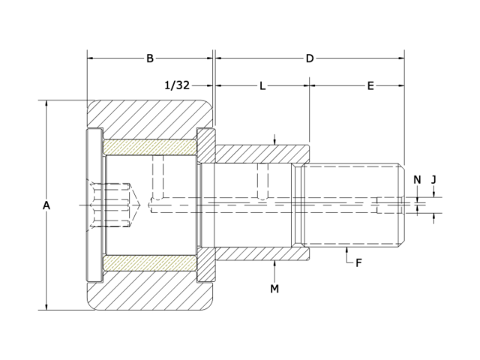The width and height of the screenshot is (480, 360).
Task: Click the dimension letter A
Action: point(46,205)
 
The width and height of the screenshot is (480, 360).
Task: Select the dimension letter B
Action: point(150,58)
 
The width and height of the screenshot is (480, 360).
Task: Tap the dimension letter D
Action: point(309,58)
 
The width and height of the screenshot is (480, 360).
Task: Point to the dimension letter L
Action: point(262,86)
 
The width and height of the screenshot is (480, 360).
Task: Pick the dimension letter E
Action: point(370,86)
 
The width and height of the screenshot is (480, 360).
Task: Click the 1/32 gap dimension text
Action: point(177,86)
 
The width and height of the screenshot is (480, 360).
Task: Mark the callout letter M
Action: point(274,288)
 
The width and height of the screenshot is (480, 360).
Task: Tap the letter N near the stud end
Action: point(418,178)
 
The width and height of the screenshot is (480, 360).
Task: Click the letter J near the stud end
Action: point(435,178)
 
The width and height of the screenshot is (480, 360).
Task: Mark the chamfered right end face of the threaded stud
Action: point(401,204)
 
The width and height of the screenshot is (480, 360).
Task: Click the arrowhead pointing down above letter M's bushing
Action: point(275,142)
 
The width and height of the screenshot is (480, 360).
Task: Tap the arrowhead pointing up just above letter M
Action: point(275,265)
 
